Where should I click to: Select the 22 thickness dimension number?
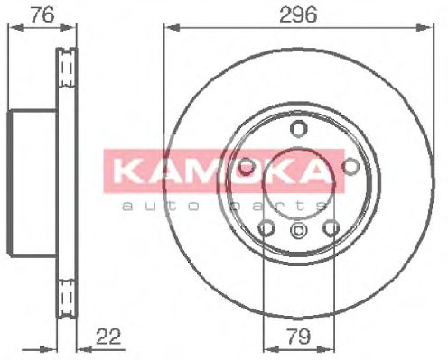click(107, 337)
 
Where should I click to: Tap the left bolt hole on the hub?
click(245, 165)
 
